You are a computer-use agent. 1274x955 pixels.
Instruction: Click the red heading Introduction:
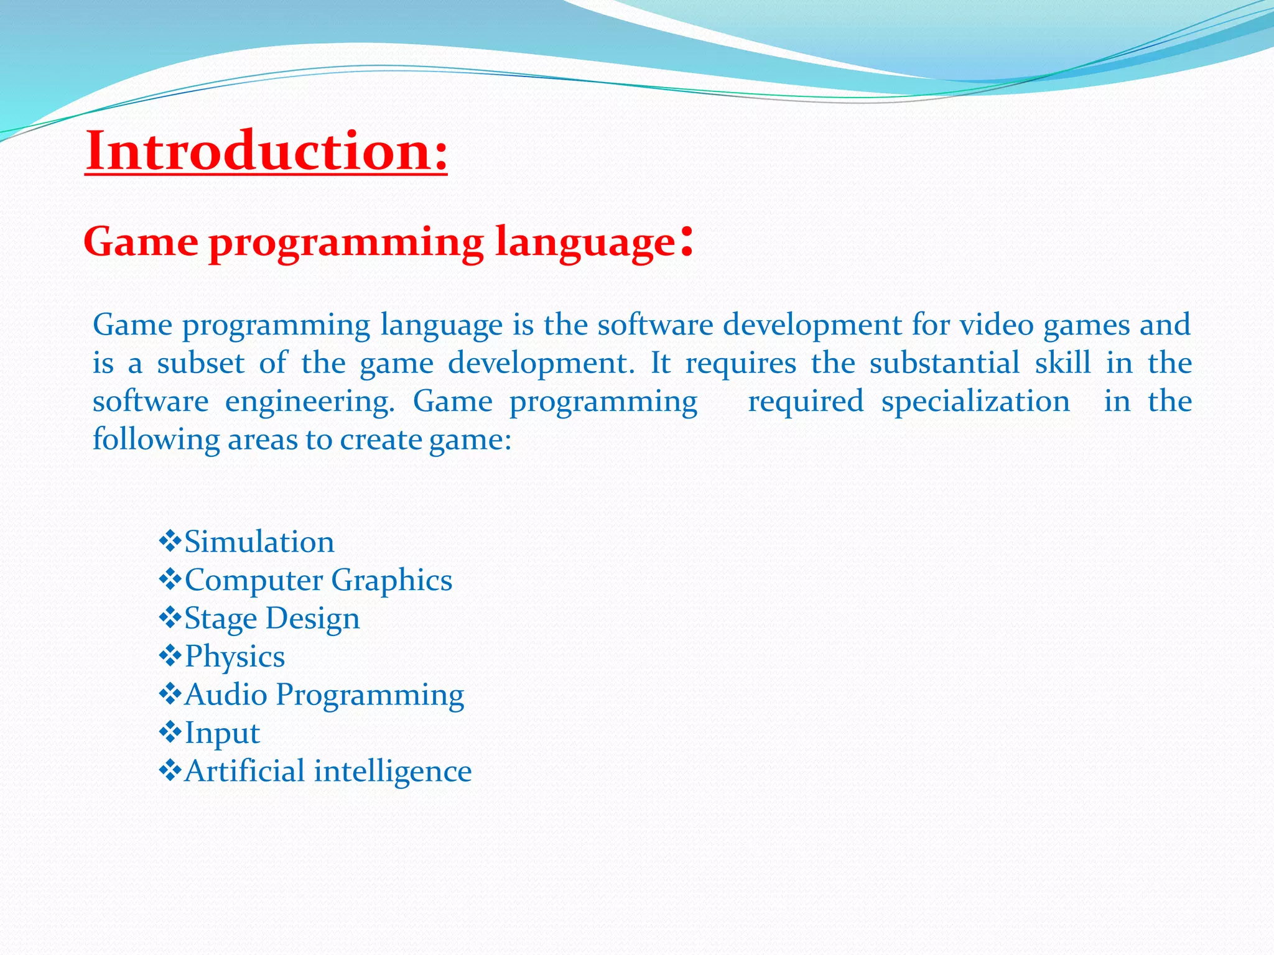266,151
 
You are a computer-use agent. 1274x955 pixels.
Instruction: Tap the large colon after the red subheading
686,241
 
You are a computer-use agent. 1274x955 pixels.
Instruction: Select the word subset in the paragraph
200,363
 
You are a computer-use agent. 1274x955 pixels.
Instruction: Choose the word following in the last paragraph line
156,440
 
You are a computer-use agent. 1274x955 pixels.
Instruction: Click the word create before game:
381,440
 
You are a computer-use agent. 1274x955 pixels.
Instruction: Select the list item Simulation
259,542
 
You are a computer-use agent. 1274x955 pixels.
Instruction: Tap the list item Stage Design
272,619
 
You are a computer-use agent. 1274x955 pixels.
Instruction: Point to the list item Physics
235,657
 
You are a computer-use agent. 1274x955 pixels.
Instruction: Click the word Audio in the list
226,694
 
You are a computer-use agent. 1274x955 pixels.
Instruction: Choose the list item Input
222,734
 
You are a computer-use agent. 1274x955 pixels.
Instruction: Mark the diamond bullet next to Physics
170,656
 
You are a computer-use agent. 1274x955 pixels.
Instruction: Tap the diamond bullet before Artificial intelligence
170,771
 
